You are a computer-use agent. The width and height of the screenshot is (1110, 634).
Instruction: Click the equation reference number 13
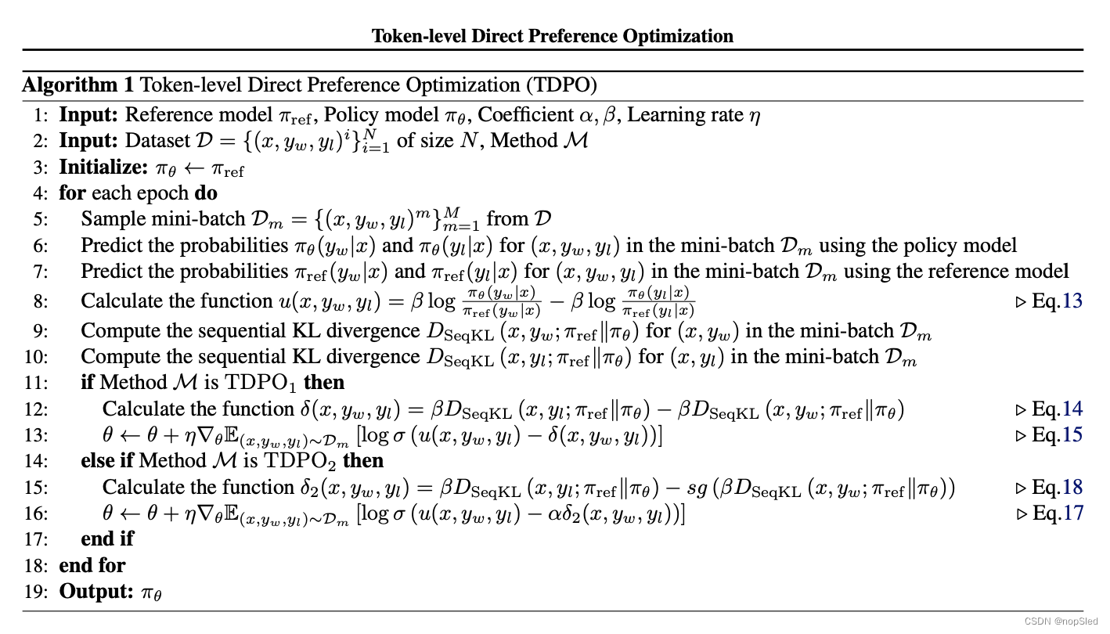tap(1072, 301)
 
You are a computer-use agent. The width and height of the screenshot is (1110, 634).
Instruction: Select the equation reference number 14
tap(1072, 409)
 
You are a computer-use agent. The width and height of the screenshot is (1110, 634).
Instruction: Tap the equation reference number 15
tap(1072, 434)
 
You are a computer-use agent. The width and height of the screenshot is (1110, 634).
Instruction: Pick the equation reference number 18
tap(1072, 487)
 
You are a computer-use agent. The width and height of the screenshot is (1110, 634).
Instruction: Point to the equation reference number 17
tap(1072, 513)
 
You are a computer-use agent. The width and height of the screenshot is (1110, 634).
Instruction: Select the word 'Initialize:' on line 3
tap(103, 168)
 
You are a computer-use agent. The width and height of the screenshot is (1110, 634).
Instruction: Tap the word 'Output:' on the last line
tap(96, 591)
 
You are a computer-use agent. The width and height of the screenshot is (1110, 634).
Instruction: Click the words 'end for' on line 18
tap(92, 565)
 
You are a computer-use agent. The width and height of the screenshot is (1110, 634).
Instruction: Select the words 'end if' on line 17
tap(107, 539)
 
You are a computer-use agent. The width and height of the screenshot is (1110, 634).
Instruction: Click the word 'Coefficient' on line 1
tap(525, 115)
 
